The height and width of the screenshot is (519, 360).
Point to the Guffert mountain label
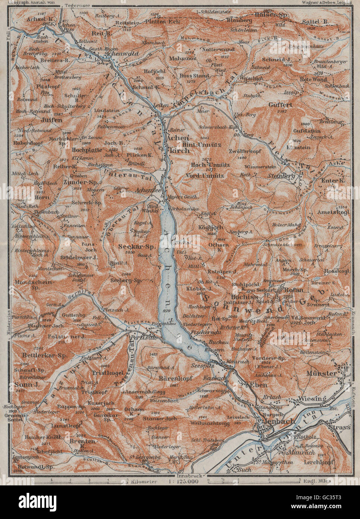click(280, 105)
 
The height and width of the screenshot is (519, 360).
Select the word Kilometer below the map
click(144, 482)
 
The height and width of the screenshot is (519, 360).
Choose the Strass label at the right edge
click(340, 427)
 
